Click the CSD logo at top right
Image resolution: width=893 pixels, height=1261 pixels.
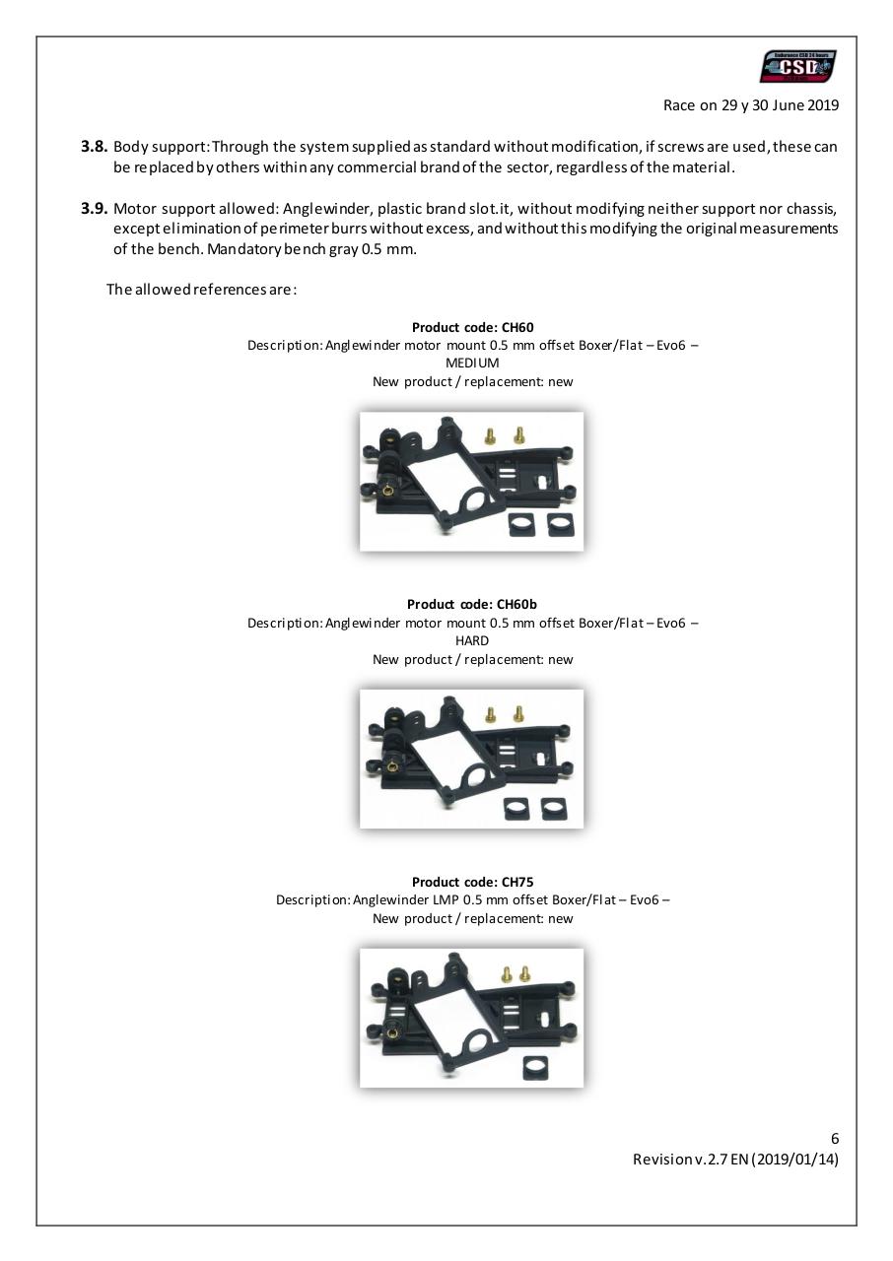[x=798, y=67]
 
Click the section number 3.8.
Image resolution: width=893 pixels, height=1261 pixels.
[x=95, y=147]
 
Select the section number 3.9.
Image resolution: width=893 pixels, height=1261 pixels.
[x=95, y=208]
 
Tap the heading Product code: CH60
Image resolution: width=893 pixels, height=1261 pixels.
[x=472, y=327]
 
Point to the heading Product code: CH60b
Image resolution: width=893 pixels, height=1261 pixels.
[x=472, y=604]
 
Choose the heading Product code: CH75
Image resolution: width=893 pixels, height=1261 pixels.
[x=472, y=882]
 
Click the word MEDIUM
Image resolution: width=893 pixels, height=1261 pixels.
[x=472, y=363]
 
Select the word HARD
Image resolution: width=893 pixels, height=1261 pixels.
[x=472, y=640]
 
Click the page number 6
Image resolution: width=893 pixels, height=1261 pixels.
[x=834, y=1139]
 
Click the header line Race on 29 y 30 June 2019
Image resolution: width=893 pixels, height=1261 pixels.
[x=751, y=105]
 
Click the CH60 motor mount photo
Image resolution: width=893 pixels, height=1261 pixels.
[x=471, y=481]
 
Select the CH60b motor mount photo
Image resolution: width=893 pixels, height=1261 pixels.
[x=471, y=758]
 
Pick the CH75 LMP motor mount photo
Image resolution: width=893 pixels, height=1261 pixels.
[x=471, y=1017]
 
